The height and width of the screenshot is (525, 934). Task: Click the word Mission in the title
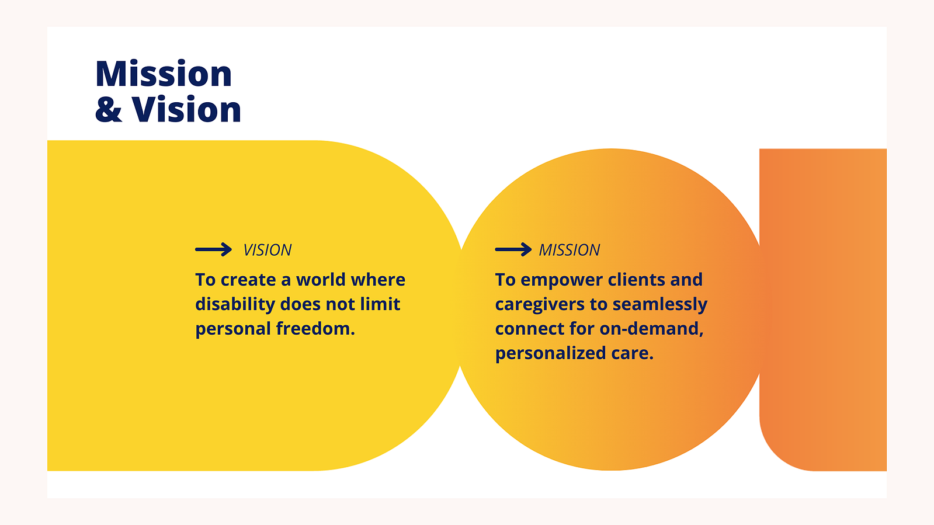pos(164,74)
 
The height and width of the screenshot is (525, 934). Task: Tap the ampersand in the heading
pos(109,109)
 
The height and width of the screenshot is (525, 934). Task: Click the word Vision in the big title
pos(186,109)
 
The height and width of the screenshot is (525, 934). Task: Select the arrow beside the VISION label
pos(213,249)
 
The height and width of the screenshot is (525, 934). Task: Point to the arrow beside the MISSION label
pos(513,249)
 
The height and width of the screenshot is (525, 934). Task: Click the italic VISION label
pos(268,250)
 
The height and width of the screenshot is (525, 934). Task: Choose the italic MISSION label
pos(569,250)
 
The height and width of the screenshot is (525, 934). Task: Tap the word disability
pos(235,304)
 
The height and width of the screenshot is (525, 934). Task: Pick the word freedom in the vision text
pos(315,329)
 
